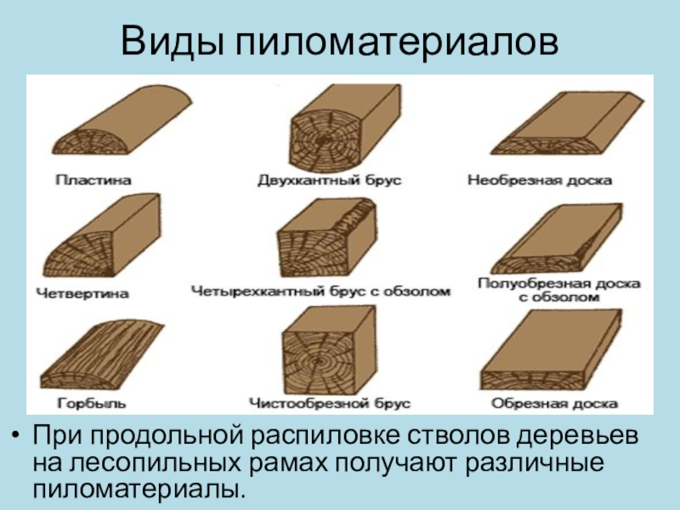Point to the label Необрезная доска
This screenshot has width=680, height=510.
[x=540, y=180]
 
